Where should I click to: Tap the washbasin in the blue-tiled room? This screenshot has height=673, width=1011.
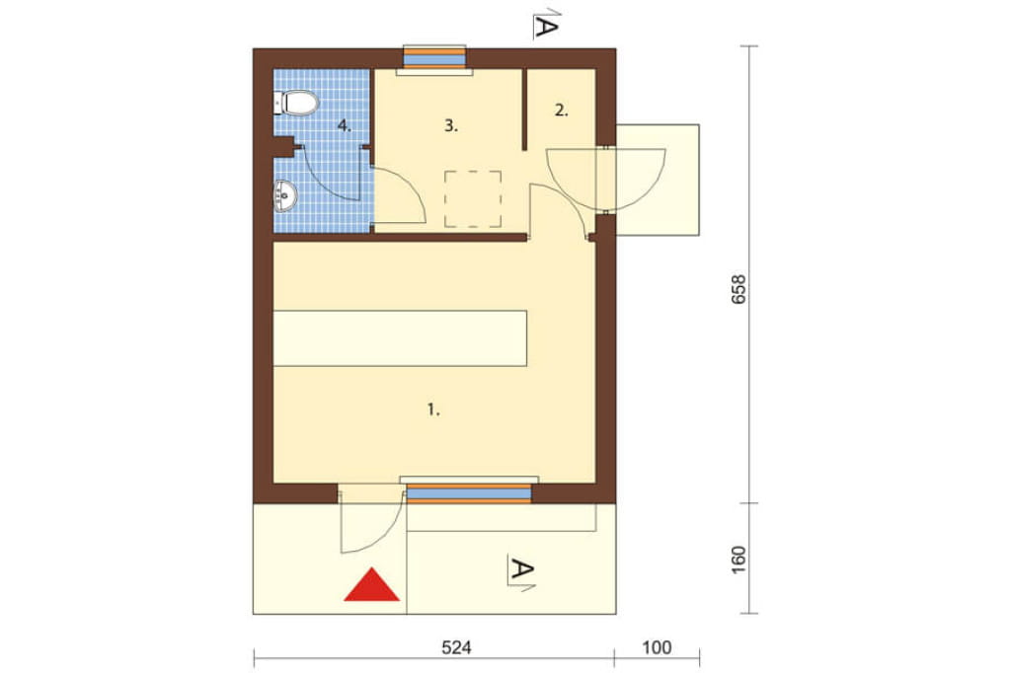(284, 196)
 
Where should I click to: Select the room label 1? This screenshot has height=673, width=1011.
(434, 410)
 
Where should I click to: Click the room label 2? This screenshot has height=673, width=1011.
(562, 111)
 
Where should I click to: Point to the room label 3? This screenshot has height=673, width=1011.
(450, 125)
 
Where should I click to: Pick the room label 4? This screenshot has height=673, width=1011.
(345, 125)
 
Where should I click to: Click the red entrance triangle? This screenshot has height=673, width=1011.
(372, 584)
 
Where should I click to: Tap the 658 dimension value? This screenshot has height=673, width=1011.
(739, 289)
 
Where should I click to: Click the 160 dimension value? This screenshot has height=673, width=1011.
(739, 561)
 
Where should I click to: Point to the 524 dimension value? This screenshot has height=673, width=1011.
(456, 647)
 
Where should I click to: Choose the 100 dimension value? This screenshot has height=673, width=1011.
(657, 647)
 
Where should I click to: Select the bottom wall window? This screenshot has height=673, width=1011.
(469, 491)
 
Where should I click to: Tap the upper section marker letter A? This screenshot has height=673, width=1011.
(545, 27)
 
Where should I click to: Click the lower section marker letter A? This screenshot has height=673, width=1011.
(521, 569)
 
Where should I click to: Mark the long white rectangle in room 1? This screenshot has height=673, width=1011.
(401, 338)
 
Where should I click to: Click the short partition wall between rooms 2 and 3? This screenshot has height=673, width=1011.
(525, 110)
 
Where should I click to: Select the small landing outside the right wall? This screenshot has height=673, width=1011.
(658, 180)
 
